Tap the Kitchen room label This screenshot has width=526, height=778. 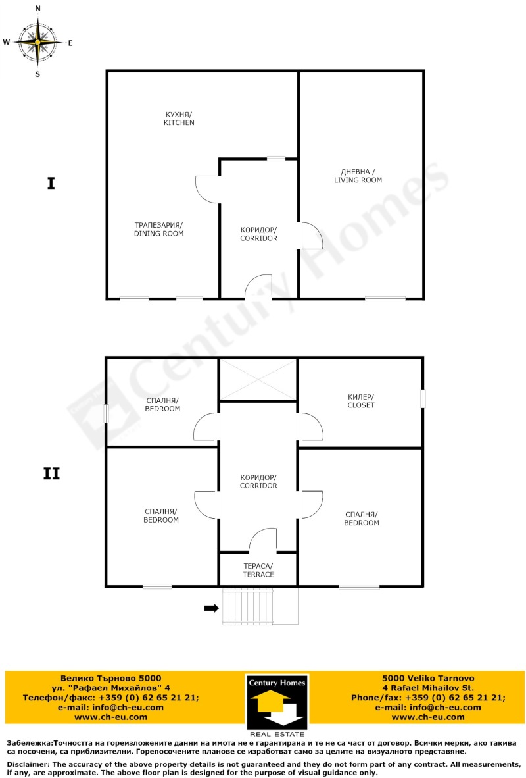(179, 118)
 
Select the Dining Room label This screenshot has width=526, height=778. (158, 229)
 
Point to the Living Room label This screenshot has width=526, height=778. (358, 176)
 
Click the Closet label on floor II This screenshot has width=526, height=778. (361, 401)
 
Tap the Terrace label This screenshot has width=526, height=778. (258, 570)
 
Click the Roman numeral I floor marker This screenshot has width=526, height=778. (51, 184)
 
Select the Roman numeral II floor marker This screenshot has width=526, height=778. (51, 474)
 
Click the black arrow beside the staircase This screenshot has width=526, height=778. (212, 608)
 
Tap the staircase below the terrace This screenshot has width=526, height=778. (247, 606)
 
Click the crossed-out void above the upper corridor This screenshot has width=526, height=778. (258, 380)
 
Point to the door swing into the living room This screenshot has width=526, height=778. (311, 235)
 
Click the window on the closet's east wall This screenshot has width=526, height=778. (423, 399)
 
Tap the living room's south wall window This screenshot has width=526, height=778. (385, 299)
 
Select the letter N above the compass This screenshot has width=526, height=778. (38, 9)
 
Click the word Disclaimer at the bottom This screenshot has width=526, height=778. (28, 765)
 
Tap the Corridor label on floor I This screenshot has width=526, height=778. (259, 234)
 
